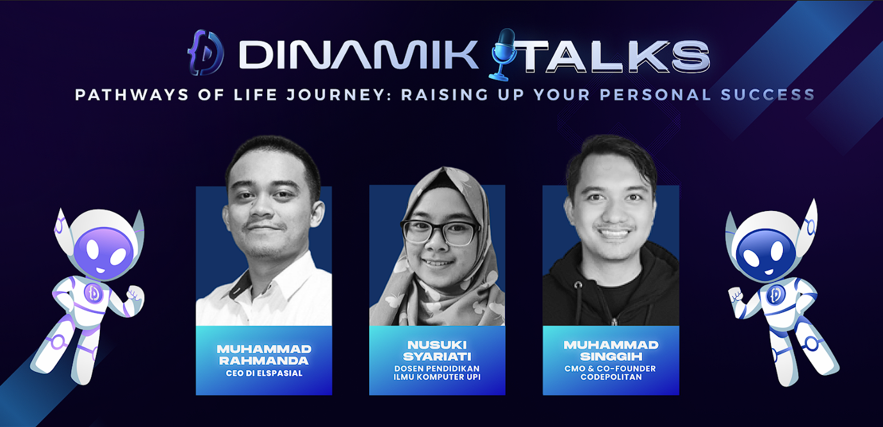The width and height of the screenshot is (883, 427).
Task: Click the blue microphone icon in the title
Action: point(502,54)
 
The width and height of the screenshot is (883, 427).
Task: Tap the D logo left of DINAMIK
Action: point(206,53)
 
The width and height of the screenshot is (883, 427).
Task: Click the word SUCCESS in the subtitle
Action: point(768,95)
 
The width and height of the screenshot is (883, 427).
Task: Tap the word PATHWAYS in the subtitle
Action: point(132,95)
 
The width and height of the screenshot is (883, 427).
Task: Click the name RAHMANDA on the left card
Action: point(264,361)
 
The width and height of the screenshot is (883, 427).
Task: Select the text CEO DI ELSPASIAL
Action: point(264,373)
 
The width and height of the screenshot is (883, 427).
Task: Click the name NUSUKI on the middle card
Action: point(437,345)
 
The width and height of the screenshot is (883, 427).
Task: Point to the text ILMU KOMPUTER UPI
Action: point(437,377)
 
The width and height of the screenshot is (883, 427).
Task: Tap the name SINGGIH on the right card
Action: point(611,356)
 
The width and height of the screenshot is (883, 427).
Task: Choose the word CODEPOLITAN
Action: point(611,377)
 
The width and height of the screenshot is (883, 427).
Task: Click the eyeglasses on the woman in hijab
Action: point(440,232)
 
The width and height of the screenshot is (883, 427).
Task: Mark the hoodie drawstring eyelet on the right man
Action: point(577,285)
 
